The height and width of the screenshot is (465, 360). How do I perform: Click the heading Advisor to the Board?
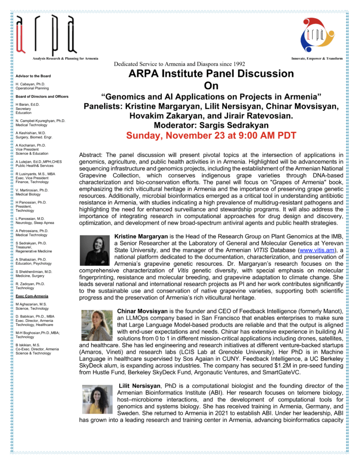point(33,76)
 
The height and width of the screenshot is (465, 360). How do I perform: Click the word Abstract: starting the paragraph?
point(92,155)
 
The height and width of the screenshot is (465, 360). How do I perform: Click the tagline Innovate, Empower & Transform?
point(317,59)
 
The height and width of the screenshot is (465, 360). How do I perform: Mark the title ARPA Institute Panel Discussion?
point(211,74)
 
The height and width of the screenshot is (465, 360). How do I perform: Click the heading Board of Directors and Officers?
point(42,96)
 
